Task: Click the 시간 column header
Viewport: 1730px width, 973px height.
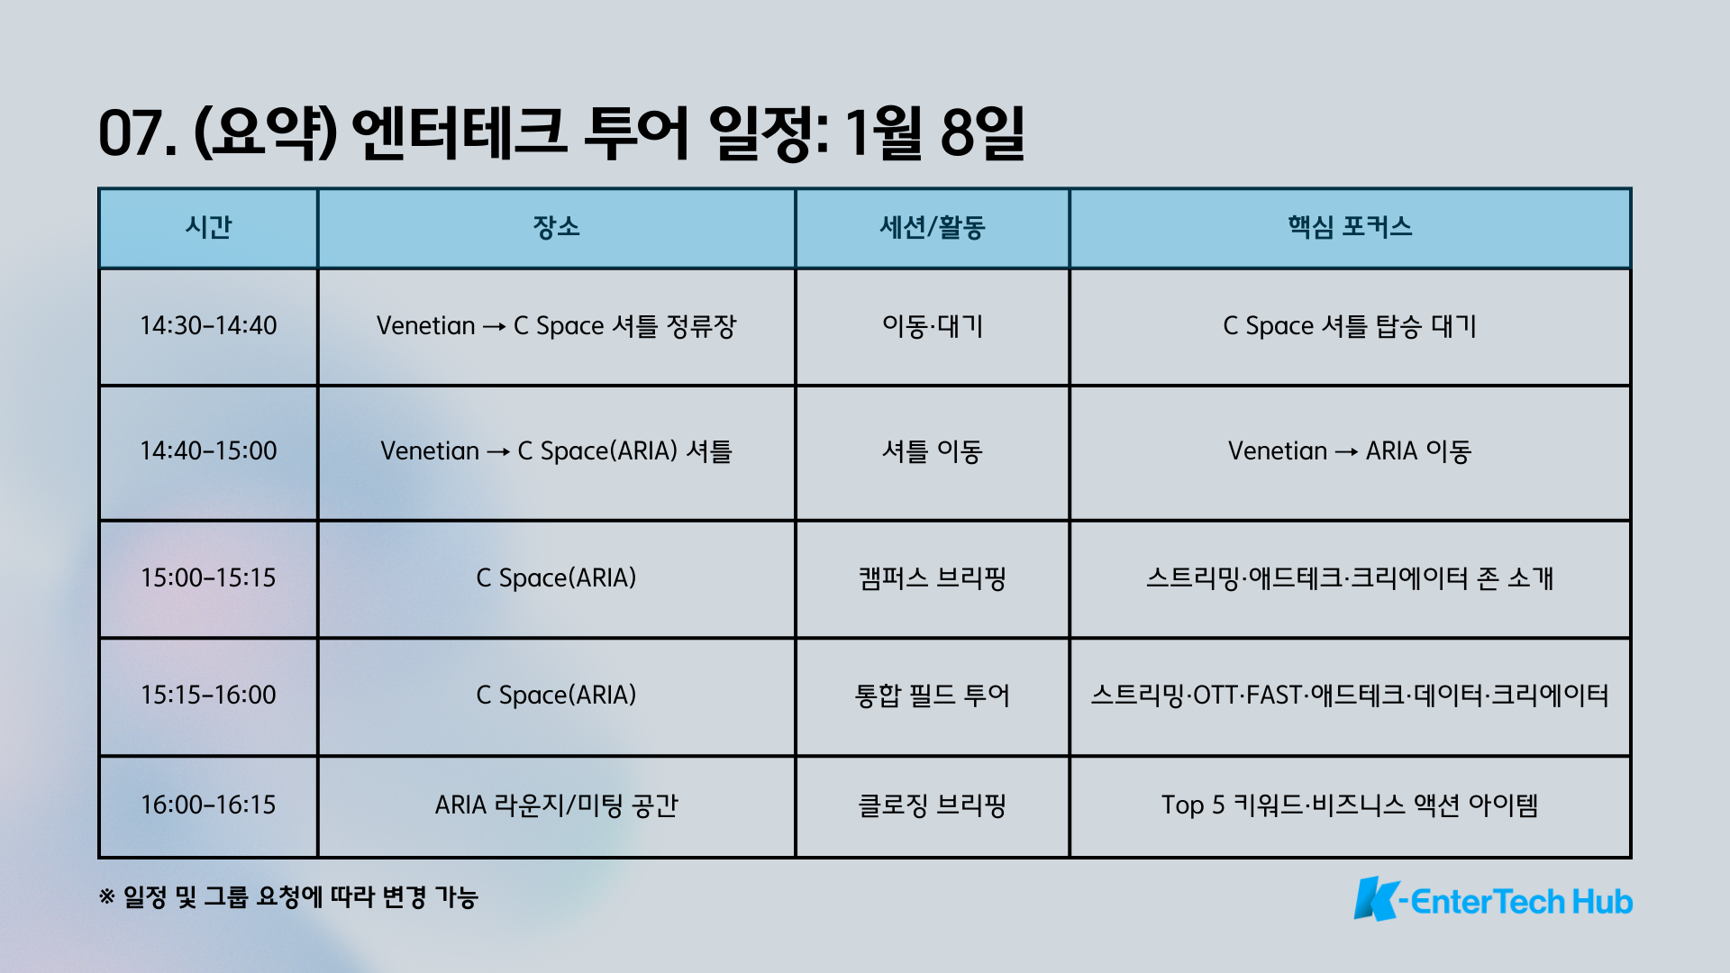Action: pos(208,227)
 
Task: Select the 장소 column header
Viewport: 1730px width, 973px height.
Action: pos(556,227)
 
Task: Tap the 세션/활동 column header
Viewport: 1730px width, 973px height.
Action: pos(933,227)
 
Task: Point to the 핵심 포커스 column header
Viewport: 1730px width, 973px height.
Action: pos(1350,227)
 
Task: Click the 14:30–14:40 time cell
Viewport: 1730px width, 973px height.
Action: pos(208,325)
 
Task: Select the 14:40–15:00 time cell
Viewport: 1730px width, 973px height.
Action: pos(208,450)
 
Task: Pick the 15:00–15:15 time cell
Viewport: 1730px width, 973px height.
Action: pos(208,577)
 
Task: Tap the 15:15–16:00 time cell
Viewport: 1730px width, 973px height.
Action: pos(208,695)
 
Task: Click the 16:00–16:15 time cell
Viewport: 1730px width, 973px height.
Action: pos(208,805)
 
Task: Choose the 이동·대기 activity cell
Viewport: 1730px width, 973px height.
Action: pos(933,325)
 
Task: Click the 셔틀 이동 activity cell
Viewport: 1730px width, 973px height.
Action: pos(933,450)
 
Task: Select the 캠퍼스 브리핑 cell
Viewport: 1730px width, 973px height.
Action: pos(933,577)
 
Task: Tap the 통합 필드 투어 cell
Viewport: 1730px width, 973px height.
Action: pos(933,695)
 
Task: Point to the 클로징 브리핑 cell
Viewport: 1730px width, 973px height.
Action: pos(933,805)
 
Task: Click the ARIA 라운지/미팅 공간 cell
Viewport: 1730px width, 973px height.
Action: pos(556,805)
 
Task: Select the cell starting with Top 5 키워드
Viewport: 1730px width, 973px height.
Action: pos(1350,805)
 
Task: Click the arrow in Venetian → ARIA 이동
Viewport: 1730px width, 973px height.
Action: pos(1346,452)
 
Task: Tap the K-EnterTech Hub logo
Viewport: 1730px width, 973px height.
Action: pos(1493,899)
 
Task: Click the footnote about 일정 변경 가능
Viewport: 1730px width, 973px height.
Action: pos(288,897)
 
